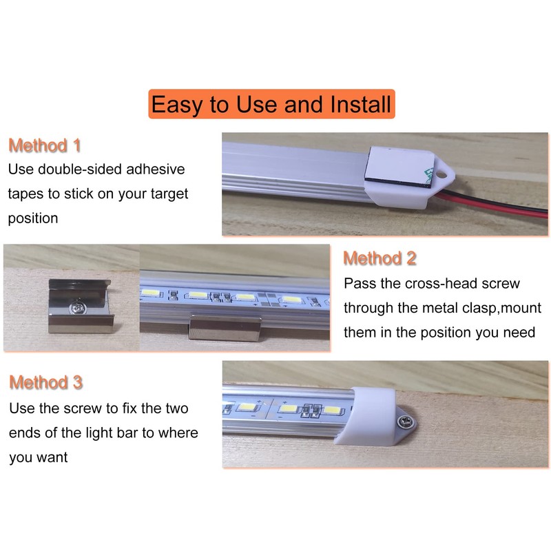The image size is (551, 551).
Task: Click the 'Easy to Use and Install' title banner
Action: (271, 105)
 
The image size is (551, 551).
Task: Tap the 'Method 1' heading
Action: (45, 146)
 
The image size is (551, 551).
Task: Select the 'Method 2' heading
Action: (380, 259)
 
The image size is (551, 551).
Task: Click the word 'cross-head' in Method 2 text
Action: (454, 283)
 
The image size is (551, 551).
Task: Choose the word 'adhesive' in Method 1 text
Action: (158, 169)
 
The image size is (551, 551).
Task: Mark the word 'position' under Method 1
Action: (33, 218)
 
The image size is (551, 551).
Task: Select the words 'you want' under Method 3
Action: (39, 457)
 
